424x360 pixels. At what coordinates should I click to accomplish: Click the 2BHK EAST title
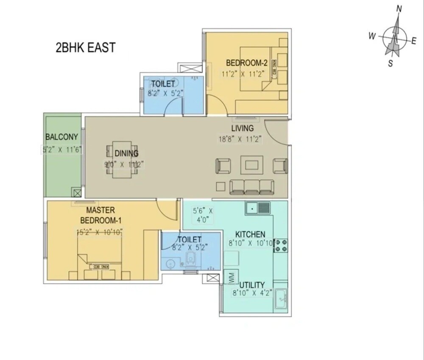coord(85,47)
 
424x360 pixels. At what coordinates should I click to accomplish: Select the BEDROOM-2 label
coord(246,63)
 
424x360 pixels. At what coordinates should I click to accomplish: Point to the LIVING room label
coord(242,128)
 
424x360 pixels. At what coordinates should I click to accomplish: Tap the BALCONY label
coord(62,137)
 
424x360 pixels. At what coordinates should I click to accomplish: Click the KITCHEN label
coord(250,234)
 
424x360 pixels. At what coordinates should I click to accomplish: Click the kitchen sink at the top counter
coord(258,208)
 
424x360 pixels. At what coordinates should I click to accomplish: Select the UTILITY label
coord(251,285)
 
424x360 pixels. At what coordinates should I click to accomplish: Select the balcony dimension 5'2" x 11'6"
coord(62,149)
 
